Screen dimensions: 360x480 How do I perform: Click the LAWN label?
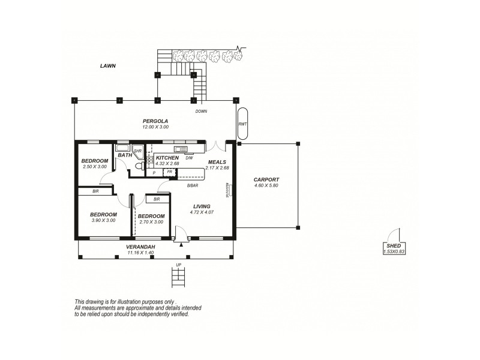108,66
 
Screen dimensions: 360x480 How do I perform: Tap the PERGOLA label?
155,121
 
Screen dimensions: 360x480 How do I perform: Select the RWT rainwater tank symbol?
242,124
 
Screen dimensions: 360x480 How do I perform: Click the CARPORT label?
266,179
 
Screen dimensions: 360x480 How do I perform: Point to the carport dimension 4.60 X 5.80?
266,185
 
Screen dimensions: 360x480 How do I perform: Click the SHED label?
394,246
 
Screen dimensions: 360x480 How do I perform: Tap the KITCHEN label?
167,158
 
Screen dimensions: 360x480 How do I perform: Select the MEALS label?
217,162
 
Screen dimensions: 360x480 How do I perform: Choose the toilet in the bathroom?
139,166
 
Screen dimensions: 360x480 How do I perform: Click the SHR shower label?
137,151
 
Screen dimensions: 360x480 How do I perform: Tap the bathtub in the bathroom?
122,147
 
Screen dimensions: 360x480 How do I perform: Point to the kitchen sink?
181,149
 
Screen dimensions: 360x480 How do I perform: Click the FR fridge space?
170,172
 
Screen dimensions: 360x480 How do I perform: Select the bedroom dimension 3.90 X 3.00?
103,220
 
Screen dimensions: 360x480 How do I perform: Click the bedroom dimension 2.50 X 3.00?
95,166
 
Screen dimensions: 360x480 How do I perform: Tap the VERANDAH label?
140,247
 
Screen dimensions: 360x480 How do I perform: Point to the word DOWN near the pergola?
202,112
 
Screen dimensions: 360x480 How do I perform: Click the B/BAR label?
192,185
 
